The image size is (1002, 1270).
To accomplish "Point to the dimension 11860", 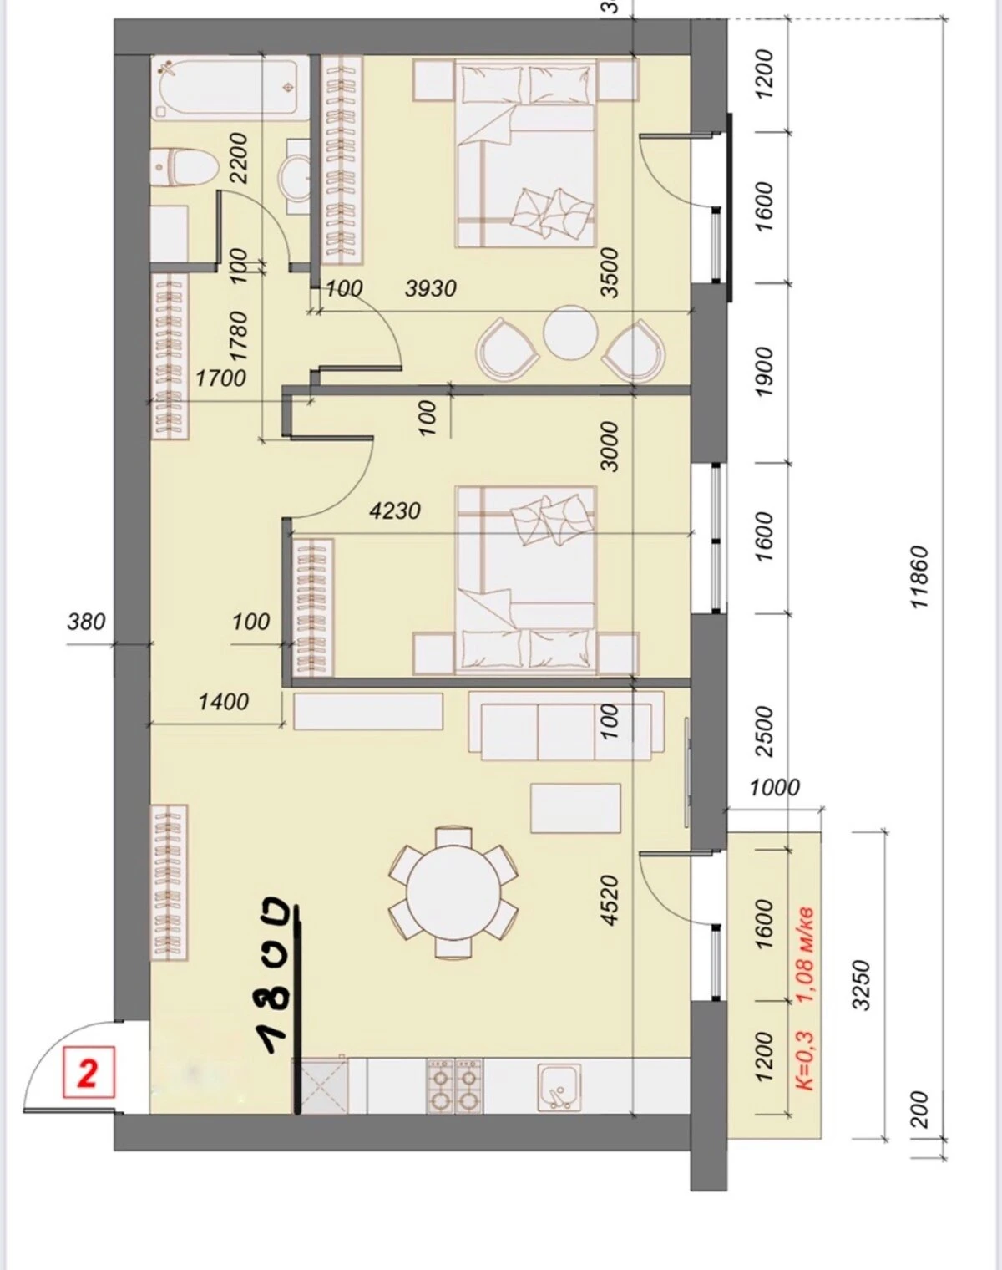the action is pos(919,577).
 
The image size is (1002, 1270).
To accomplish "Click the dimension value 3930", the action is pos(431,288).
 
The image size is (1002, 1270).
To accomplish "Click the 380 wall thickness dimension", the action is pos(87,622).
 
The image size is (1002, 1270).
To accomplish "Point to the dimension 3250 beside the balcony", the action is pos(862,985).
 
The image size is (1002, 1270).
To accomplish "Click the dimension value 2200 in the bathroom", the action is pos(240,159).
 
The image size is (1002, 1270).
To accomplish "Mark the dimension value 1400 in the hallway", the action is pos(224,702).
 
